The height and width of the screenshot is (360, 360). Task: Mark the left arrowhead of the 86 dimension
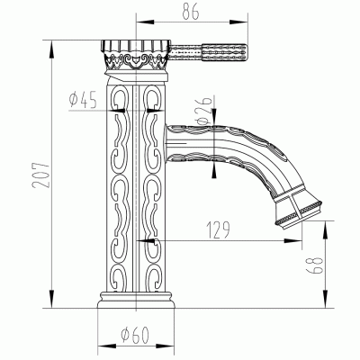[x=138, y=19]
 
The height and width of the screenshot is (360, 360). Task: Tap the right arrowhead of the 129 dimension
[x=297, y=241]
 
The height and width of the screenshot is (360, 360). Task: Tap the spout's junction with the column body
[x=167, y=139]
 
